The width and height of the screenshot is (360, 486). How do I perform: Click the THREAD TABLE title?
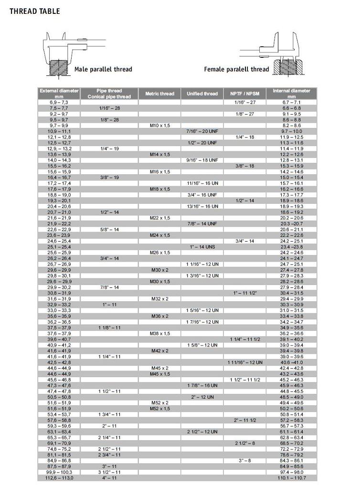point(35,11)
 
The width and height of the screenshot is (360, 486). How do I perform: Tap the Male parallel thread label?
point(103,69)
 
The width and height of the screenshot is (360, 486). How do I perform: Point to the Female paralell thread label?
point(236,69)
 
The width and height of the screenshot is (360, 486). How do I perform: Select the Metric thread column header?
point(160,94)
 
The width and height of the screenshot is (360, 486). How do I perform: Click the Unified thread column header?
point(202,94)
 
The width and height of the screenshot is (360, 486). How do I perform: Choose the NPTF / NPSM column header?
point(245,94)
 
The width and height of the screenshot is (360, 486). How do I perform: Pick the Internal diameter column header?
point(291,94)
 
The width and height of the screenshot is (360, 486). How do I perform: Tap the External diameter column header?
point(59,94)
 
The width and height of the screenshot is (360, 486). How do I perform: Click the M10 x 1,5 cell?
point(160,126)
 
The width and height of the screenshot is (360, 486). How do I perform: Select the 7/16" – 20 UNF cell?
point(202,131)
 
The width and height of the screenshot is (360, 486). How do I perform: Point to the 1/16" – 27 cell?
point(245,103)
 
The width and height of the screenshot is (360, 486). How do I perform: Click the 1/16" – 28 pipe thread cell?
point(109,108)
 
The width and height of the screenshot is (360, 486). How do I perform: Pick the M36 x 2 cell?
point(160,316)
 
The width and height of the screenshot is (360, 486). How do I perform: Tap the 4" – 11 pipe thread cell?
point(109,478)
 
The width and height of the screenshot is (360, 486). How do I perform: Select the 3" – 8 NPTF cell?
point(245,460)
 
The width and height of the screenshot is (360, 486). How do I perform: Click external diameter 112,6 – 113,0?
point(59,478)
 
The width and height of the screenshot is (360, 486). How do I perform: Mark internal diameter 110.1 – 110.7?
point(291,478)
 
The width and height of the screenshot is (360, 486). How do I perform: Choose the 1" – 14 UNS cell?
point(202,247)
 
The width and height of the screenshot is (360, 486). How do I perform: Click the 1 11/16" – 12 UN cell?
point(245,362)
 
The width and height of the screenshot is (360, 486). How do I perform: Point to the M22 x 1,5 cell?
point(160,218)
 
